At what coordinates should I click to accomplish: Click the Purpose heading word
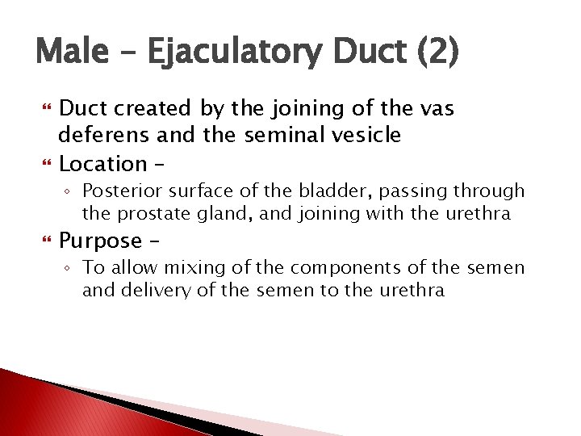coord(101,241)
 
